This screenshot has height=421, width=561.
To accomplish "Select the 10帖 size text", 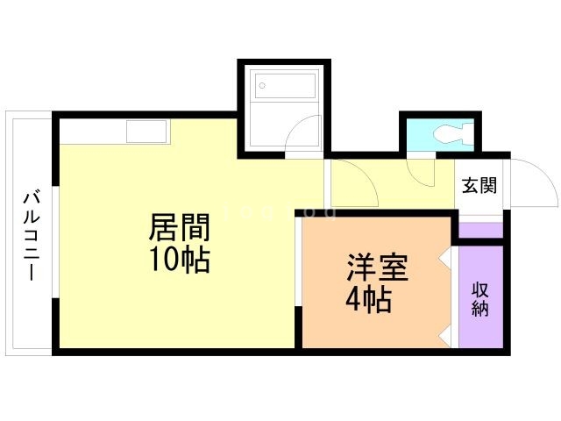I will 180,259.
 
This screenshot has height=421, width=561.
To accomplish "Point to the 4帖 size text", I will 368,300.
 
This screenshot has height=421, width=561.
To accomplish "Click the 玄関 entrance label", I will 479,186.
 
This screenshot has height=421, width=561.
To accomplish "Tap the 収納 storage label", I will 480,298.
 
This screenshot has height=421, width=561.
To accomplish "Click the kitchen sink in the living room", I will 146,132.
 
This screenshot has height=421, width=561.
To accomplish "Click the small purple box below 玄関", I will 481,231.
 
